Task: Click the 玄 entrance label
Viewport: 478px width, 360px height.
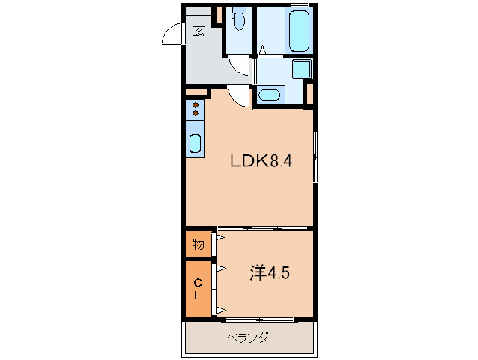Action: point(199,31)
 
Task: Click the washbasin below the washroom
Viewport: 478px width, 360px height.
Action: point(268,94)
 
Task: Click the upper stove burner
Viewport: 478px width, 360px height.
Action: point(195,104)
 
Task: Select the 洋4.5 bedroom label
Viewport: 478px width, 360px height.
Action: point(269,273)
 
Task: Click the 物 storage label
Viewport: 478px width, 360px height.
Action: point(198,244)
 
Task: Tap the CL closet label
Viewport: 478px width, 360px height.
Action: point(198,288)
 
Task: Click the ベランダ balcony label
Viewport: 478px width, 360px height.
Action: point(247,337)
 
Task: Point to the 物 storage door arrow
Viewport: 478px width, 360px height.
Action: point(218,244)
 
